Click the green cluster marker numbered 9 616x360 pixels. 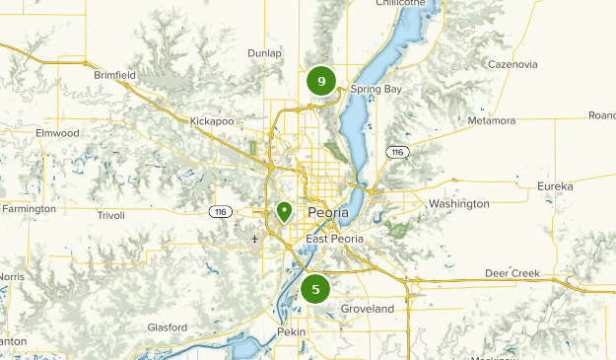[321, 81]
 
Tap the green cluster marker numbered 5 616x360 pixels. [315, 289]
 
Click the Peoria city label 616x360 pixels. [327, 213]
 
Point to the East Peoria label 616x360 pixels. [334, 239]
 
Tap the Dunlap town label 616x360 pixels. [265, 53]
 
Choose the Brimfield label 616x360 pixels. [114, 74]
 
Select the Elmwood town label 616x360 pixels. [56, 132]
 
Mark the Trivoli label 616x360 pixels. [111, 214]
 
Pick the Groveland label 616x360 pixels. [368, 309]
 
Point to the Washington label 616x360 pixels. [458, 204]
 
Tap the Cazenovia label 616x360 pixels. [512, 64]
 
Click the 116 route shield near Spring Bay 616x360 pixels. [396, 152]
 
